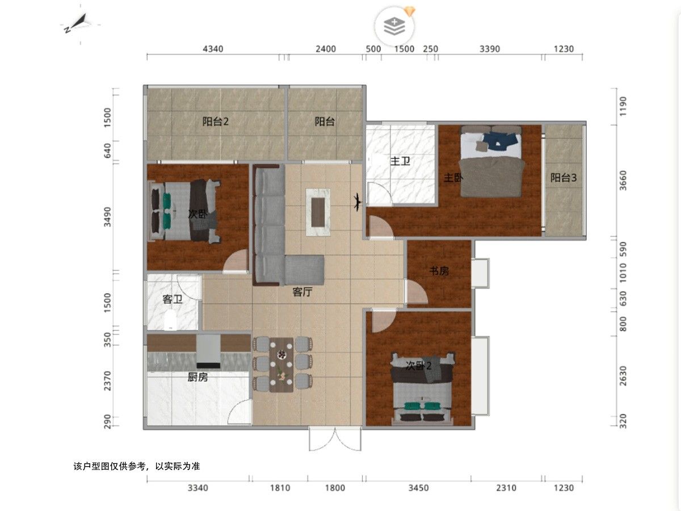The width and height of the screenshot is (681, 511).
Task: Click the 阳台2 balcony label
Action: [215, 122]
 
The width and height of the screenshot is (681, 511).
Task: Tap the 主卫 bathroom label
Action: [400, 161]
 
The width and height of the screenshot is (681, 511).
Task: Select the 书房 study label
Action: [439, 271]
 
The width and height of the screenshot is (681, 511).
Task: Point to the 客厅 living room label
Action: [302, 292]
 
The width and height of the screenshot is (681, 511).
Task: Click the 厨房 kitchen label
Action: [197, 377]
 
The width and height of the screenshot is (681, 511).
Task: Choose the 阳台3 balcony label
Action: [564, 178]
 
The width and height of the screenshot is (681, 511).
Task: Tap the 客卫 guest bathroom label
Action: [173, 299]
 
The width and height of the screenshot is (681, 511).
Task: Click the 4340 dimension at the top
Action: [213, 49]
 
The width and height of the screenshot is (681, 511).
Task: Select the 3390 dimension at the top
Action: [490, 49]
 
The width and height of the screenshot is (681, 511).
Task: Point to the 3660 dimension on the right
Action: [623, 181]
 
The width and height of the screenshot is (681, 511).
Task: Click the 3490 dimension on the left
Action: [107, 217]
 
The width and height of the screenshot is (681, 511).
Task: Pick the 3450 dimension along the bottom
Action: [418, 488]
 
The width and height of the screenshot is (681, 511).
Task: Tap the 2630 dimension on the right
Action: [623, 376]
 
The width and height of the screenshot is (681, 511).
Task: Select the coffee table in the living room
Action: [318, 212]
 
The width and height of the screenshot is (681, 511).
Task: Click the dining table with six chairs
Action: [282, 365]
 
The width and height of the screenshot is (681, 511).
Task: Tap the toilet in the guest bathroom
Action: [170, 319]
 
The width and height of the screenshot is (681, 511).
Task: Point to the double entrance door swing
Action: [335, 439]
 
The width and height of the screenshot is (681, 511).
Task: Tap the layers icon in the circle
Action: [394, 26]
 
